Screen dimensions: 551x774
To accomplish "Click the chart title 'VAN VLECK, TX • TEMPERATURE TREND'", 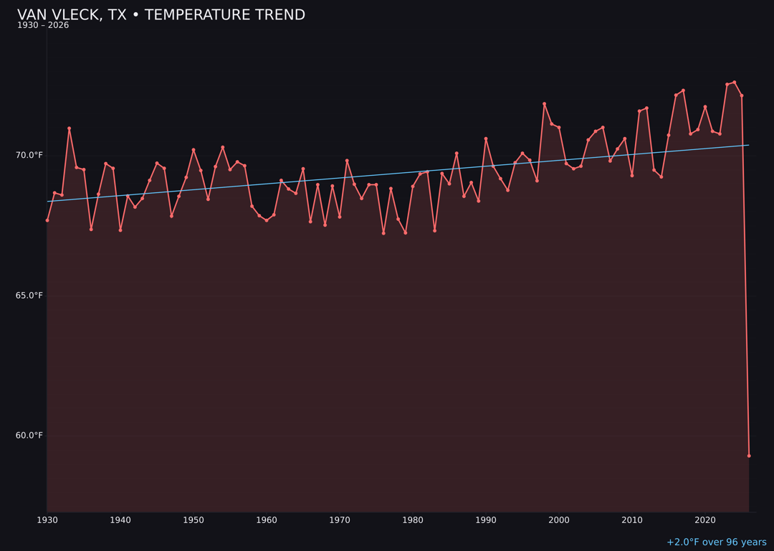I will coord(161,15).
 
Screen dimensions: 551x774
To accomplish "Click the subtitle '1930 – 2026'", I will coord(43,26).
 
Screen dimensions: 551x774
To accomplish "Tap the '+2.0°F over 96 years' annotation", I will coord(716,542).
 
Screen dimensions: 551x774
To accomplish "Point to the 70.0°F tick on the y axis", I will coord(29,156).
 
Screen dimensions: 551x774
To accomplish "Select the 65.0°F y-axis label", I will coord(29,296).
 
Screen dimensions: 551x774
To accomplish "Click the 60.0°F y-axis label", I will coord(29,435).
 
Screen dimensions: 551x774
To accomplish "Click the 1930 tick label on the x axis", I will coord(47,520).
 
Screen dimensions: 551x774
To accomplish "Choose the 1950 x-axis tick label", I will coord(193,520).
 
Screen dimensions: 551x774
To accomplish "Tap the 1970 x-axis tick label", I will coord(340,520).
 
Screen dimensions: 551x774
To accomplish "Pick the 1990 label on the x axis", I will coord(486,520).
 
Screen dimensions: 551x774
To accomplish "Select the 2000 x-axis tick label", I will coord(559,520).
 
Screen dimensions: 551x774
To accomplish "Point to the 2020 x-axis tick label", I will coord(705,520).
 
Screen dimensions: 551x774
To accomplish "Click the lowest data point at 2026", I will coord(749,456).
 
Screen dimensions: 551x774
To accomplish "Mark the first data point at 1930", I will coord(47,220).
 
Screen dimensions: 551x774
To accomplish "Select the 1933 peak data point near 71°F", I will coord(70,128).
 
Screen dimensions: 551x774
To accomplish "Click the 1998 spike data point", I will coord(544,104).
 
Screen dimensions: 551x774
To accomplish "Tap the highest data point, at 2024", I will coord(735,83).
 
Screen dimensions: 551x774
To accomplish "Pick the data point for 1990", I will coord(486,138).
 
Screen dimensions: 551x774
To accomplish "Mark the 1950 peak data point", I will coord(193,150).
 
